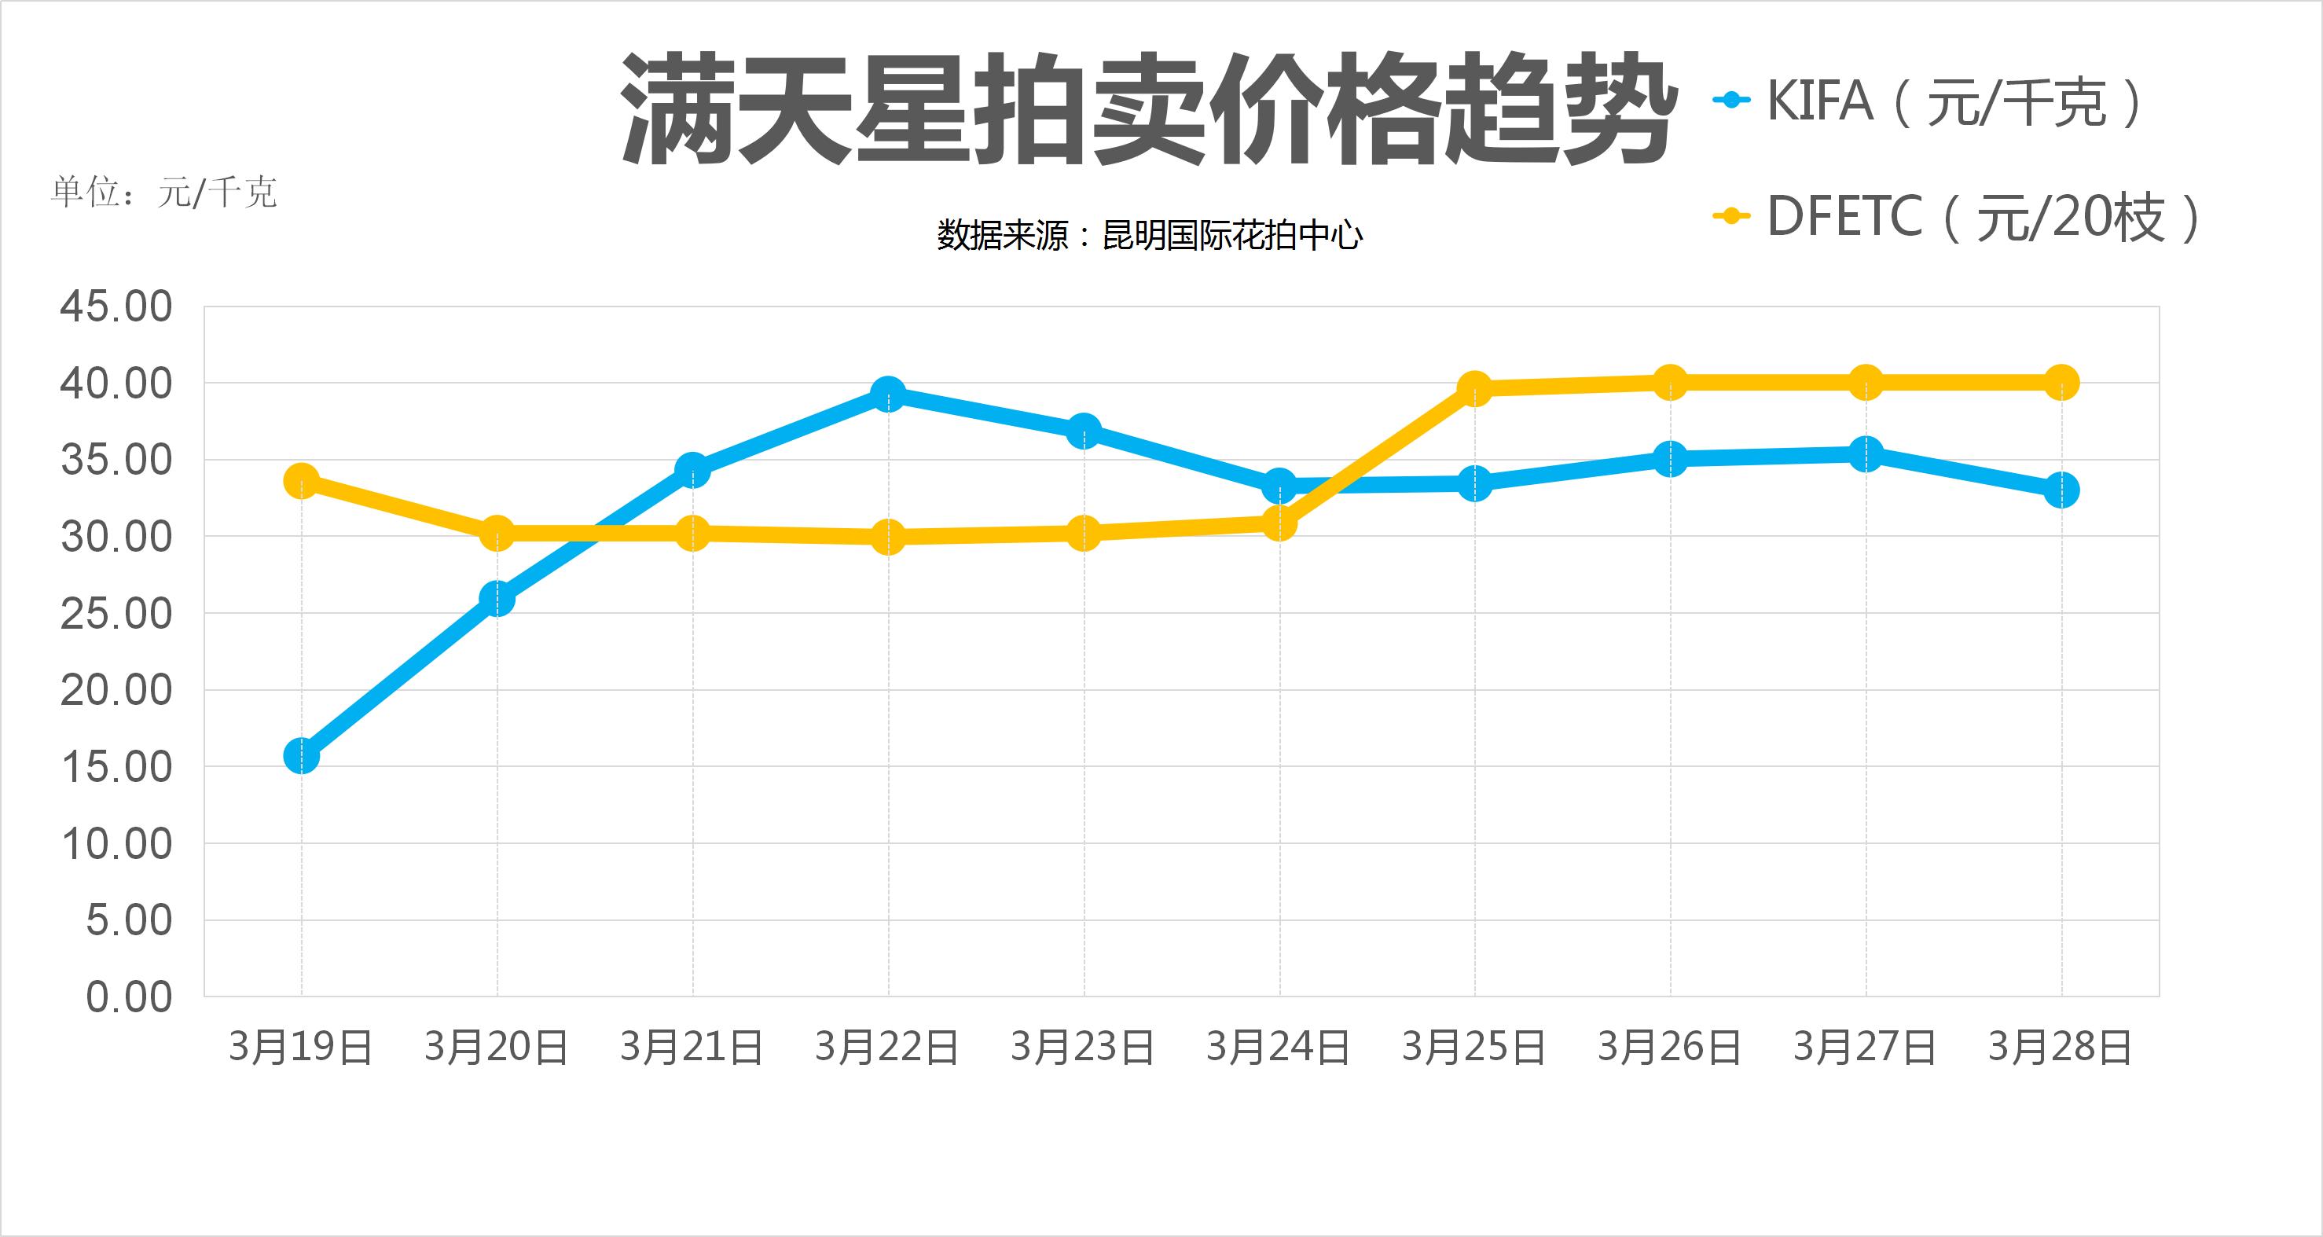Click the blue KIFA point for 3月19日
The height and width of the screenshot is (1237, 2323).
coord(301,755)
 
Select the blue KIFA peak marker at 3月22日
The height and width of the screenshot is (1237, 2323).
coord(888,394)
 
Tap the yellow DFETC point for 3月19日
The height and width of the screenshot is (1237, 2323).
coord(301,480)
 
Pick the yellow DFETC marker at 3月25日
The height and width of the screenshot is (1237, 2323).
coord(1474,388)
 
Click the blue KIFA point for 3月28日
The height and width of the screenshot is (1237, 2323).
coord(2061,490)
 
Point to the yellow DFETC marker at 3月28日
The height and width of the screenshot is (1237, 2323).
coord(2061,382)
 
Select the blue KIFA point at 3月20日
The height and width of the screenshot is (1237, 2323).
coord(497,599)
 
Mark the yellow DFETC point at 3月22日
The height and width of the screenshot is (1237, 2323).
coord(888,538)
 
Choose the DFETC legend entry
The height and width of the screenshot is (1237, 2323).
coord(1957,216)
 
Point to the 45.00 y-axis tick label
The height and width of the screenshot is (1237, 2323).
coord(116,306)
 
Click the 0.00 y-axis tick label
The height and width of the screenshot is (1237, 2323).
coord(128,997)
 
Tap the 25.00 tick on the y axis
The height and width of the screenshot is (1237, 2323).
coord(116,614)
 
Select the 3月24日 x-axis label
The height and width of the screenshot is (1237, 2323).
coord(1278,1048)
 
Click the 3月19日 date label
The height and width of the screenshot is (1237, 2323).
coord(301,1048)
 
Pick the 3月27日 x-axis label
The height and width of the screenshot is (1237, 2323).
coord(1865,1048)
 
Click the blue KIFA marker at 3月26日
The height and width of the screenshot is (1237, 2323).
coord(1670,458)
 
